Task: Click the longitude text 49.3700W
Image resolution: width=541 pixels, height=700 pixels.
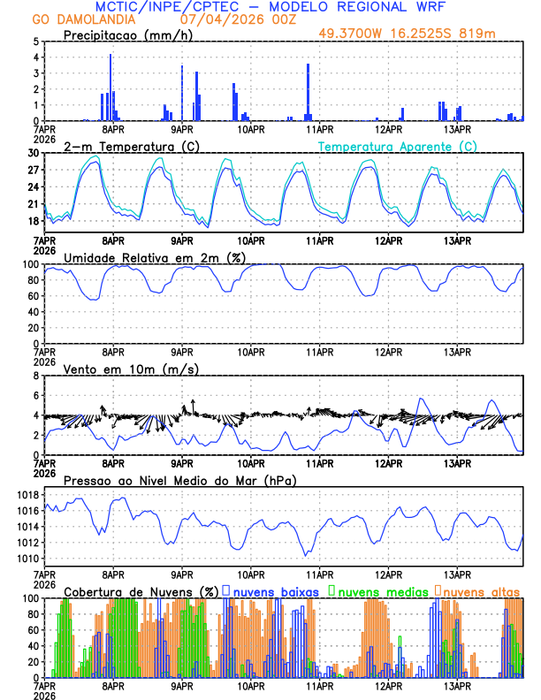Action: click(x=350, y=34)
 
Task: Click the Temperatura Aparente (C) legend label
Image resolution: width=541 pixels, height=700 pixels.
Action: click(x=397, y=146)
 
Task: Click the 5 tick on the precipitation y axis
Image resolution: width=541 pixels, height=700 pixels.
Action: click(x=36, y=42)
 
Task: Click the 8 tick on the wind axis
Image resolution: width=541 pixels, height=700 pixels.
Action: click(x=36, y=376)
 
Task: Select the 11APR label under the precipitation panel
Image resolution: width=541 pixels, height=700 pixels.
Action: click(x=319, y=129)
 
